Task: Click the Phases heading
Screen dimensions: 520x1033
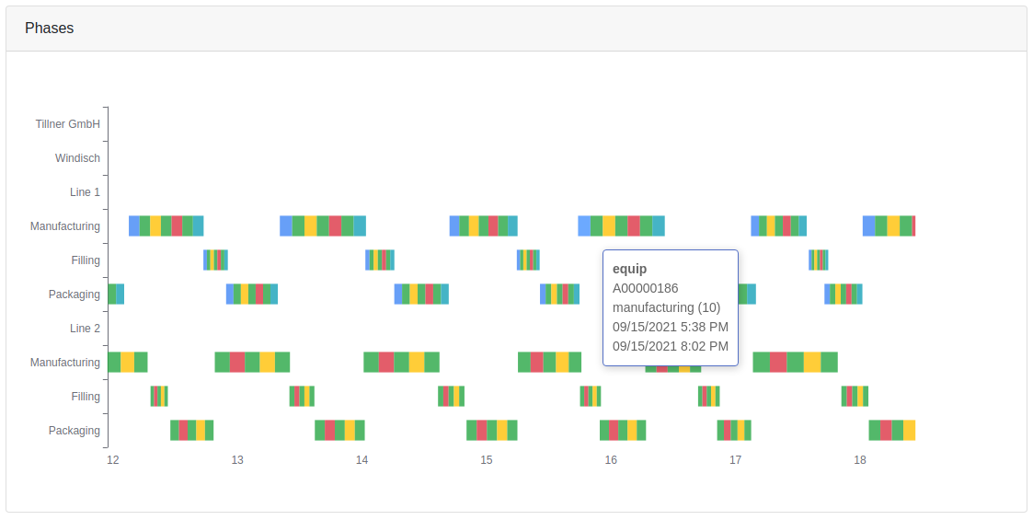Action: (x=50, y=29)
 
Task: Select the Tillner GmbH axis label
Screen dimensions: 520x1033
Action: (x=68, y=124)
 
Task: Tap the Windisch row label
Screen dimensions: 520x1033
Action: (x=77, y=158)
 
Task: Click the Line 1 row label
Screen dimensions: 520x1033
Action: (x=85, y=192)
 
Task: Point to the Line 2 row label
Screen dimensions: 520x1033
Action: (x=85, y=329)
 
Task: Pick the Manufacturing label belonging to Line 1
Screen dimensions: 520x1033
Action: (x=64, y=226)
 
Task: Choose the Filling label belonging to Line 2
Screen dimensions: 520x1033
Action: (x=86, y=397)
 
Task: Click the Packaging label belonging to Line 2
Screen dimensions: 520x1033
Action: (x=75, y=431)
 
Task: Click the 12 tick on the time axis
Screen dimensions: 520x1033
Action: (x=112, y=460)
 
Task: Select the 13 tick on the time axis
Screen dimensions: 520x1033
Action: (x=237, y=460)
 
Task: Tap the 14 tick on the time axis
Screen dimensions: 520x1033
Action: (x=362, y=460)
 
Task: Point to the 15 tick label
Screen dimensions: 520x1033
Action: (x=486, y=460)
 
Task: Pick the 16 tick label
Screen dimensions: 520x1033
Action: (x=611, y=460)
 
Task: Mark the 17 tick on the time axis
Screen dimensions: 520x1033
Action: (x=735, y=460)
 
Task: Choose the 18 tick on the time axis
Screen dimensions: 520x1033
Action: (x=859, y=460)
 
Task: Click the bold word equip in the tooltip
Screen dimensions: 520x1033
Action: (x=630, y=269)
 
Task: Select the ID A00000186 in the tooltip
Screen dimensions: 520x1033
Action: (x=645, y=288)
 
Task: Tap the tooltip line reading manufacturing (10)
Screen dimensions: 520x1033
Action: (x=666, y=307)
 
